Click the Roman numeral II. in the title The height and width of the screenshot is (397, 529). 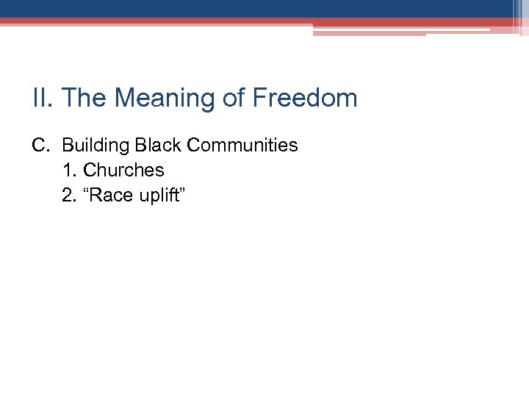[x=43, y=98]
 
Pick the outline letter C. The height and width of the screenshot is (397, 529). [x=40, y=146]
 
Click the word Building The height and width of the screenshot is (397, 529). [x=93, y=146]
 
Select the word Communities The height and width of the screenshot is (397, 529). [x=242, y=146]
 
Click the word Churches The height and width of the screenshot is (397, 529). [x=123, y=170]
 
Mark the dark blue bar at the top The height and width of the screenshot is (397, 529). [x=257, y=8]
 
